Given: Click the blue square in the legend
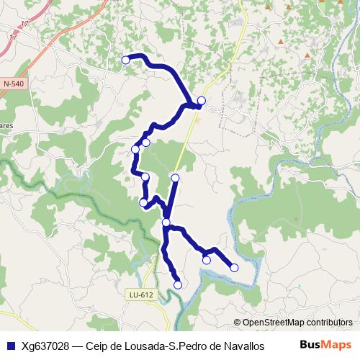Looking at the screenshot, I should point(10,345).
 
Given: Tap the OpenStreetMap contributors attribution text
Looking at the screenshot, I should point(297,323).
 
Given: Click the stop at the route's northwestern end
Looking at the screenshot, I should point(126,60).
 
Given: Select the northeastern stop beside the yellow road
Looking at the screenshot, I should point(202,101).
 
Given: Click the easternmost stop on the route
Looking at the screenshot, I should point(234,268).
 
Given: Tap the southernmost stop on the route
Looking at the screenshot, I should point(178,284).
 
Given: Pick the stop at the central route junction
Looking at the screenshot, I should point(166,222).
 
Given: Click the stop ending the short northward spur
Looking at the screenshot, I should point(175,177).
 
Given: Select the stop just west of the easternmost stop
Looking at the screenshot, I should point(207,260).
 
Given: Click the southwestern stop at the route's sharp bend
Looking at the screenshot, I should point(143,202).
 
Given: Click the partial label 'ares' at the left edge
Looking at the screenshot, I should point(7,125).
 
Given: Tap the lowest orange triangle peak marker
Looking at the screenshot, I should point(308,55).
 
